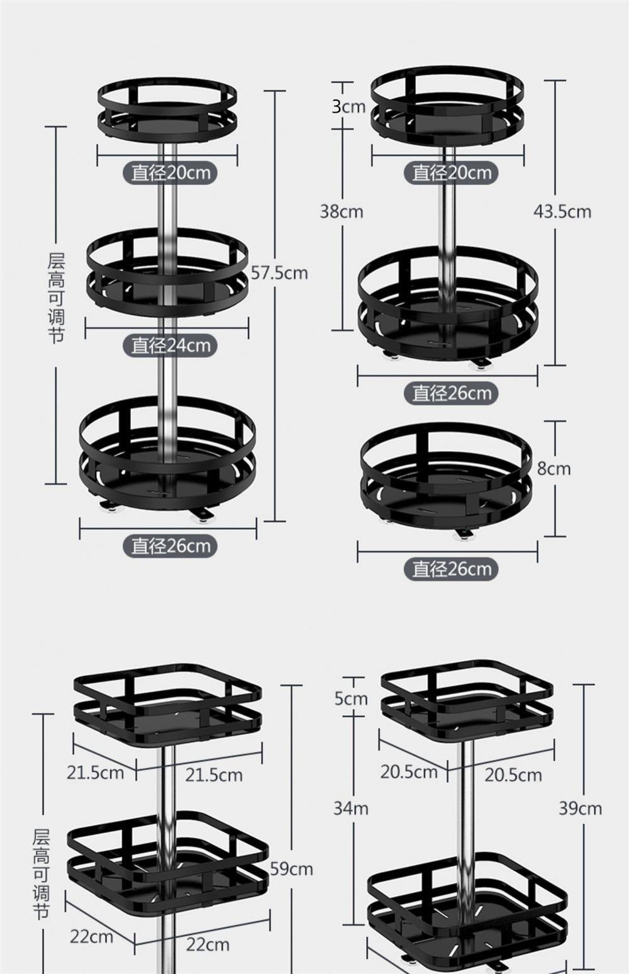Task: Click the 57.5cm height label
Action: (x=279, y=273)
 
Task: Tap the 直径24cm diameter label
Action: (x=170, y=345)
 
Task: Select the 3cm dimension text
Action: (x=348, y=107)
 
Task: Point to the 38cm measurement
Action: (x=342, y=211)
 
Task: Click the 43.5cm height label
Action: (x=562, y=211)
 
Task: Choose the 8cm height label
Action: (x=554, y=469)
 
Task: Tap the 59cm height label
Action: (x=291, y=869)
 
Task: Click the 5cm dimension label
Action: (x=350, y=698)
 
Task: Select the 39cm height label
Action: (x=580, y=809)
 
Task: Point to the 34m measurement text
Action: (x=350, y=809)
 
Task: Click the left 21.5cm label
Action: (x=96, y=773)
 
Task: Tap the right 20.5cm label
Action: (x=513, y=775)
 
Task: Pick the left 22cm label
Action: (x=91, y=936)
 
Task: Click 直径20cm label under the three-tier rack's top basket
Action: (x=170, y=172)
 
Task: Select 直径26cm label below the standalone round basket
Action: (x=451, y=569)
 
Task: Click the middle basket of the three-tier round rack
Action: (x=167, y=271)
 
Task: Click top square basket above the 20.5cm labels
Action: (x=467, y=702)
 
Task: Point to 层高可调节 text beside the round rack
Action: (x=57, y=298)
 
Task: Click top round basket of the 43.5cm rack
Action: (x=447, y=104)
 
